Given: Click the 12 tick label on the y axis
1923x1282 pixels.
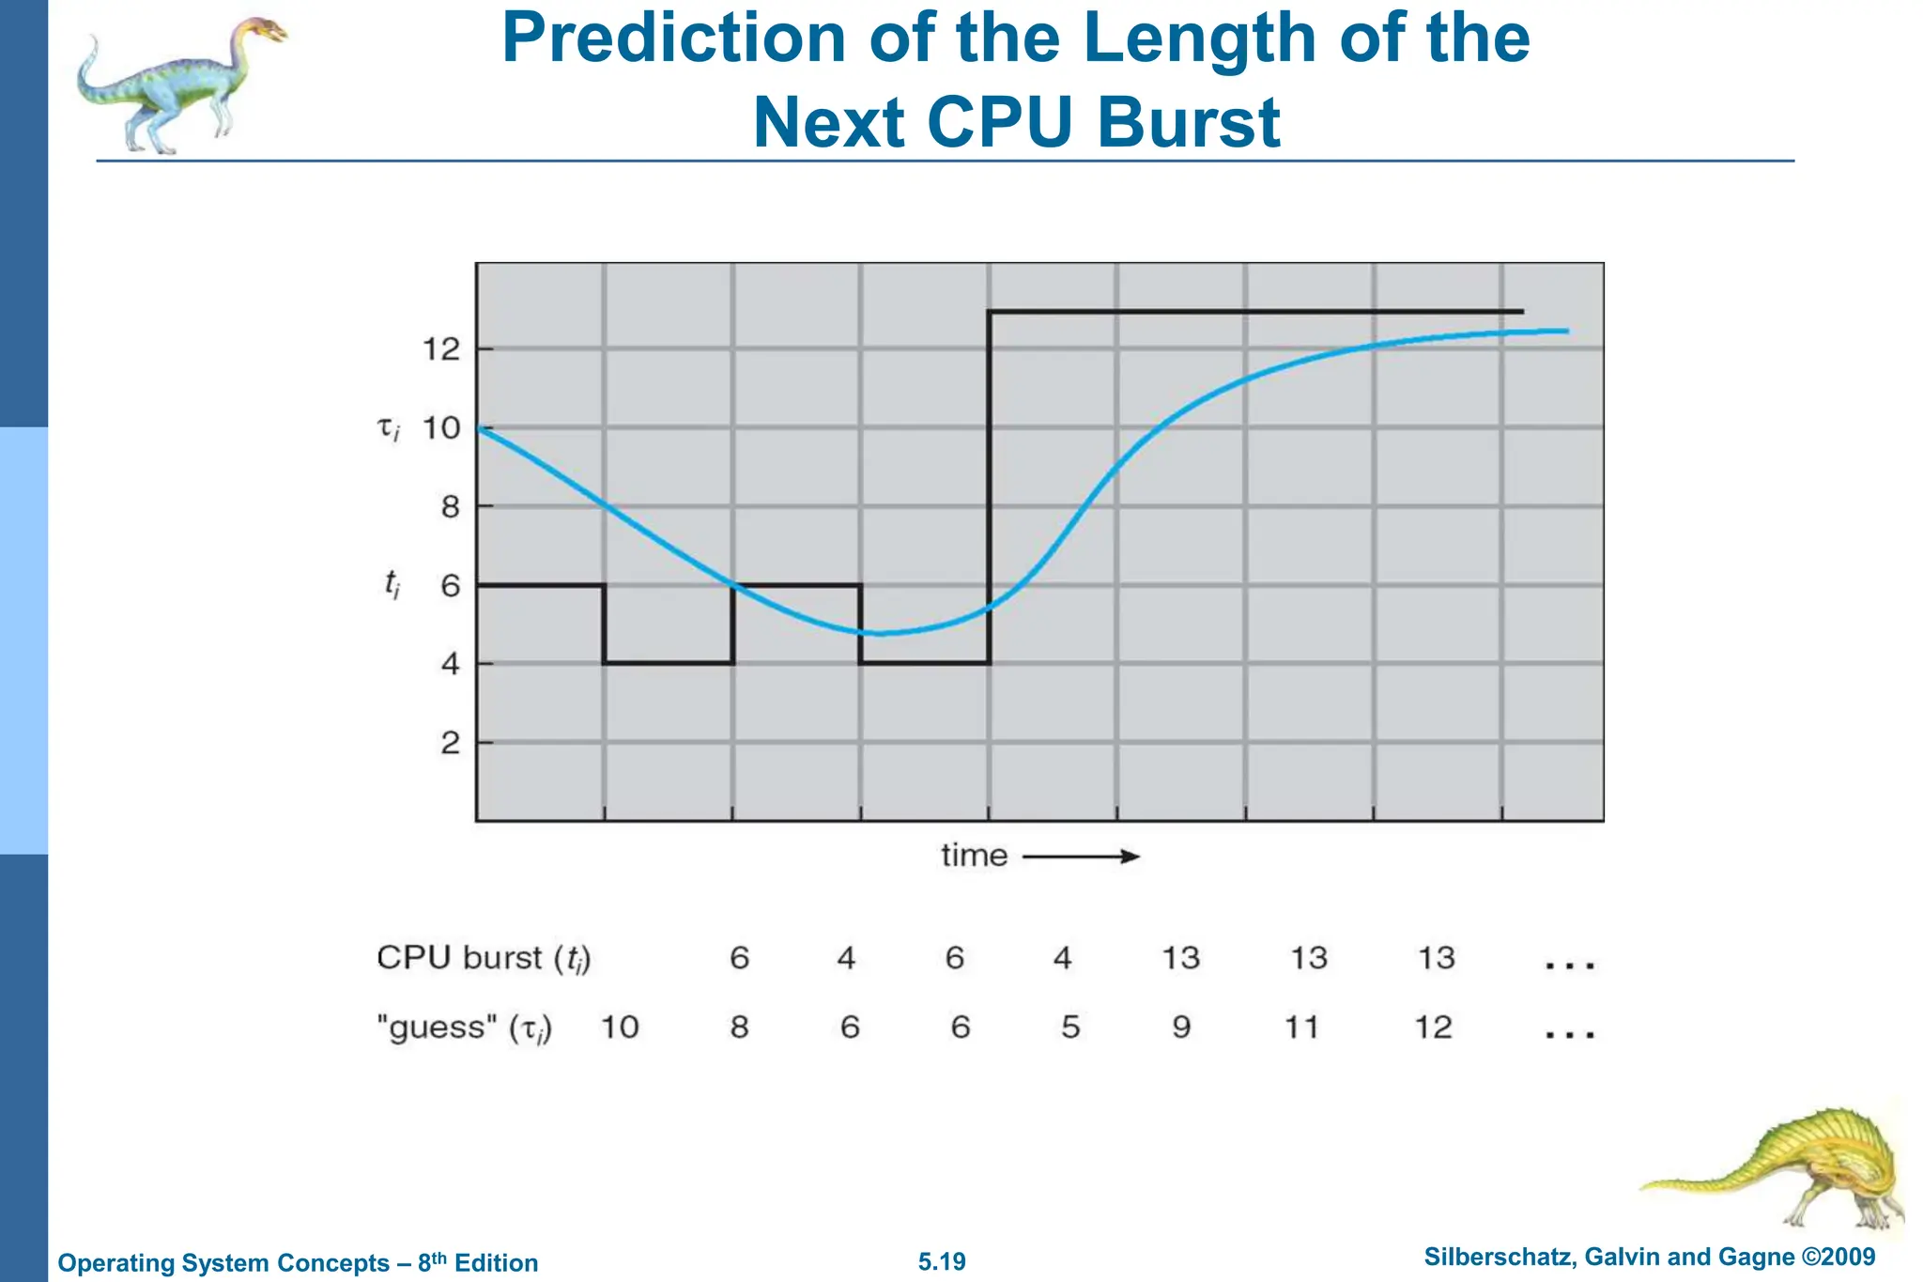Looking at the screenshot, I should tap(441, 350).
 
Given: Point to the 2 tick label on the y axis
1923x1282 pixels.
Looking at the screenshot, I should tap(451, 744).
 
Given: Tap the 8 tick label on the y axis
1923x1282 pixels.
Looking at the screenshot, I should tap(451, 508).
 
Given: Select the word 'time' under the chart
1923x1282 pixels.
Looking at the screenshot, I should tap(974, 856).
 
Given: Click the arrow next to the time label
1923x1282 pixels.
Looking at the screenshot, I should tap(1081, 857).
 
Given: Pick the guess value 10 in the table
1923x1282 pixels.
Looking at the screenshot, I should tap(620, 1027).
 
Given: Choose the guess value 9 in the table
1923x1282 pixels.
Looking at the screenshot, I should tap(1181, 1027).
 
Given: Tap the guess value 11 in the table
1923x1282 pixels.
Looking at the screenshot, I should tap(1301, 1027).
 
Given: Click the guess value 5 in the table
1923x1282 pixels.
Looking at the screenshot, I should tap(1070, 1027).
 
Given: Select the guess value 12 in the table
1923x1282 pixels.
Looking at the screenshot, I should tap(1434, 1027).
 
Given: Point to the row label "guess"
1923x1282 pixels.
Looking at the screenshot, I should tap(437, 1027).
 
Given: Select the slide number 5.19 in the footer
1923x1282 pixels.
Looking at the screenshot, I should tap(942, 1261).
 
